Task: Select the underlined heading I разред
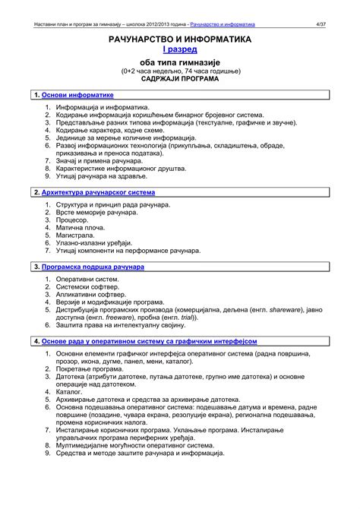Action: pyautogui.click(x=180, y=49)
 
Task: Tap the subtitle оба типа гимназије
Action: pyautogui.click(x=180, y=62)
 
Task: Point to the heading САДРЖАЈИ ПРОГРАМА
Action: pyautogui.click(x=180, y=79)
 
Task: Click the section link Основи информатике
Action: pyautogui.click(x=77, y=95)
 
